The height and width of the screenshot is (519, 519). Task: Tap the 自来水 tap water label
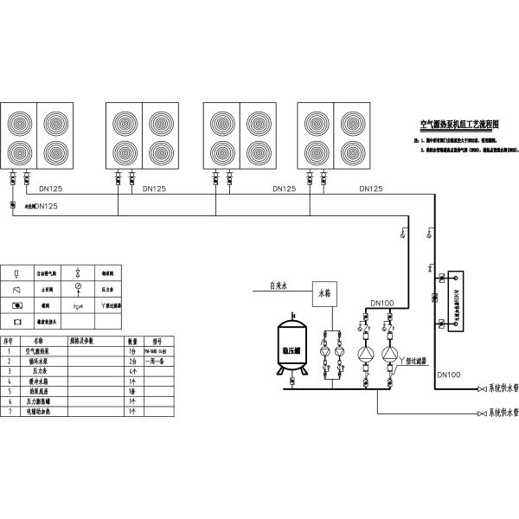click(x=279, y=285)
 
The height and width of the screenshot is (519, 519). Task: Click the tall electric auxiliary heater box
click(x=452, y=300)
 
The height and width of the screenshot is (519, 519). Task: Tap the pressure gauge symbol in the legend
click(x=78, y=286)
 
